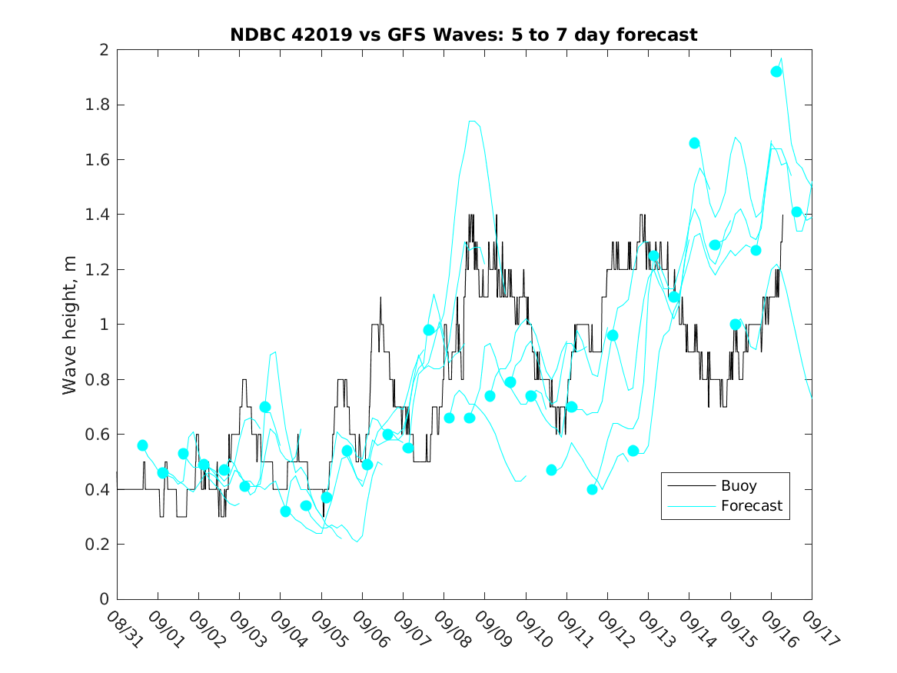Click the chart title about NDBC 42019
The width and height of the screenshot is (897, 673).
pos(463,35)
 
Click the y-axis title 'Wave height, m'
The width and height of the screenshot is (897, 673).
pos(70,325)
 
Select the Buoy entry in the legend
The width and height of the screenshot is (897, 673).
pos(738,486)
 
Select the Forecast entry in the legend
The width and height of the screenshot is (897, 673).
pos(751,506)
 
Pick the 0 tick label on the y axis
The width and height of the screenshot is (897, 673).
pos(105,600)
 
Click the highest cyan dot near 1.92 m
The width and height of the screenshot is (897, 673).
pos(776,72)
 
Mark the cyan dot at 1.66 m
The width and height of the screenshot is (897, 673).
pos(694,143)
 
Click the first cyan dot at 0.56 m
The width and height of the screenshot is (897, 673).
pos(142,445)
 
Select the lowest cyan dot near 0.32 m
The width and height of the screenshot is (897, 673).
pos(286,511)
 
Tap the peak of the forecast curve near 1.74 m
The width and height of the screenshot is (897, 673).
pos(473,121)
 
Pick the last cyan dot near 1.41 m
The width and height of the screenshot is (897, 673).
pos(797,212)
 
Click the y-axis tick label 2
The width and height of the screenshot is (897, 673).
pos(105,50)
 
